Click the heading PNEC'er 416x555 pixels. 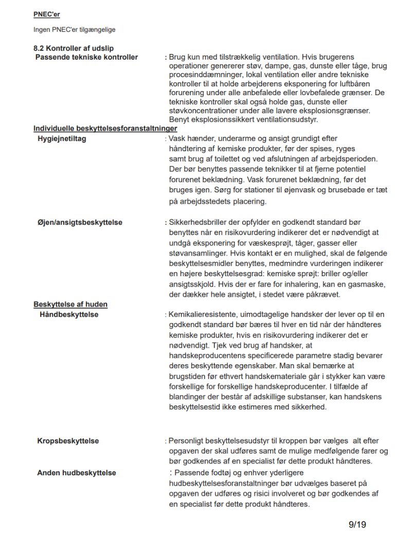tap(46, 14)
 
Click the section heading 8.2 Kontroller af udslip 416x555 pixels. tap(74, 48)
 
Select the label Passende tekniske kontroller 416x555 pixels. tap(86, 57)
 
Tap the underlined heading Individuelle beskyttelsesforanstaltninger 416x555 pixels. tap(105, 128)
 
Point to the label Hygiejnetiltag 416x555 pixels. tap(62, 139)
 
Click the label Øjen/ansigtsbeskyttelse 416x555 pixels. tap(80, 223)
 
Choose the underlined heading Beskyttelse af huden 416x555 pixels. tap(70, 304)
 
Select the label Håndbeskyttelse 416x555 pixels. tap(69, 314)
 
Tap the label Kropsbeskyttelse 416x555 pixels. tap(68, 441)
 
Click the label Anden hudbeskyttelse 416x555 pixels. tap(77, 473)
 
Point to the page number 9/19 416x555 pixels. tap(357, 525)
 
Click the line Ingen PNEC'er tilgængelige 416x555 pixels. tap(75, 30)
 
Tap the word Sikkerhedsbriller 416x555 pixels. tap(198, 223)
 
